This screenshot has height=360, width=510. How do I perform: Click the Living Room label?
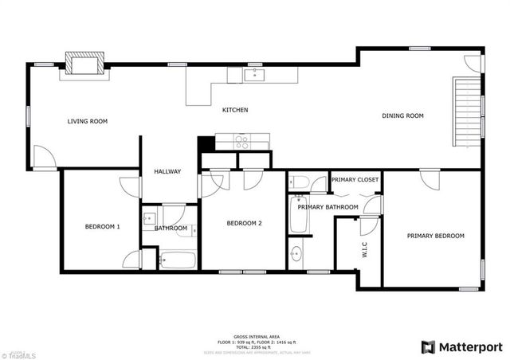pyautogui.click(x=87, y=121)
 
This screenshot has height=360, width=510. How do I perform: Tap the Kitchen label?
pyautogui.click(x=235, y=110)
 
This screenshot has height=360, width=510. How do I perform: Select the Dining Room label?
pyautogui.click(x=402, y=116)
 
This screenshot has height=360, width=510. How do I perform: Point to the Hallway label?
pyautogui.click(x=167, y=171)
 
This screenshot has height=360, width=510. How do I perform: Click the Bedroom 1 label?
pyautogui.click(x=102, y=227)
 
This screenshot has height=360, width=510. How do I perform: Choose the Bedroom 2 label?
pyautogui.click(x=244, y=224)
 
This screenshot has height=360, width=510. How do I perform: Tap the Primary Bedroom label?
pyautogui.click(x=435, y=236)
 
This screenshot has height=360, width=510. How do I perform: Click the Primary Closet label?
pyautogui.click(x=355, y=180)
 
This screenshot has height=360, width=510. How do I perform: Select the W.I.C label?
pyautogui.click(x=364, y=249)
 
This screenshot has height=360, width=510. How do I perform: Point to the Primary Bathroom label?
pyautogui.click(x=328, y=207)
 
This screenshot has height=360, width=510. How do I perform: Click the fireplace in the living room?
pyautogui.click(x=84, y=64)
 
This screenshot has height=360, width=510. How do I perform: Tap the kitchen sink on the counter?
pyautogui.click(x=255, y=75)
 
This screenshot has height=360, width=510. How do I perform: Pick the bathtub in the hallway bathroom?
pyautogui.click(x=178, y=260)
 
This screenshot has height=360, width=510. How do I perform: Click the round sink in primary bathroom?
pyautogui.click(x=296, y=255)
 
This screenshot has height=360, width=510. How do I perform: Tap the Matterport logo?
pyautogui.click(x=461, y=346)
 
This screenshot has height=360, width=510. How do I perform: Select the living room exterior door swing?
pyautogui.click(x=45, y=158)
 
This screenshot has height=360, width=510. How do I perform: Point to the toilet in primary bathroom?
pyautogui.click(x=300, y=182)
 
